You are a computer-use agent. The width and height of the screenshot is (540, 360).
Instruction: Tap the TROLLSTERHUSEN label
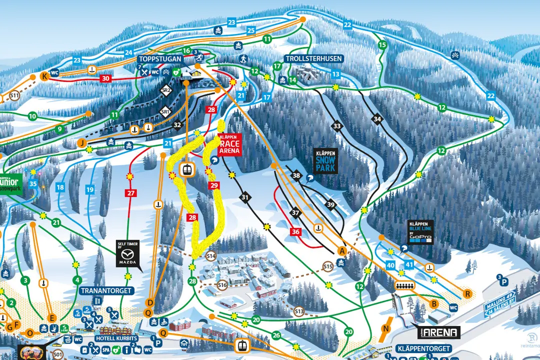(314, 58)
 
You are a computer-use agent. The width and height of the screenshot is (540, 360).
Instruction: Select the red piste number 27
(131, 193)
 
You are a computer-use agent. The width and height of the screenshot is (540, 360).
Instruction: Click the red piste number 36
(295, 231)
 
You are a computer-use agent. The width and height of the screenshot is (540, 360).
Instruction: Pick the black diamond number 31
(244, 198)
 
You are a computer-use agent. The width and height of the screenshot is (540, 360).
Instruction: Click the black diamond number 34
(377, 119)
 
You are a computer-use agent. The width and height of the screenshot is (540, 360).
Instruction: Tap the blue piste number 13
(335, 74)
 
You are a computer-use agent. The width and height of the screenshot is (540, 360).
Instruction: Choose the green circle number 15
(382, 45)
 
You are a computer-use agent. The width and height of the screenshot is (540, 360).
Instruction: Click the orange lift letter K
(44, 76)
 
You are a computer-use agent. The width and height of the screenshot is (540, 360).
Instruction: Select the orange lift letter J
(81, 143)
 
